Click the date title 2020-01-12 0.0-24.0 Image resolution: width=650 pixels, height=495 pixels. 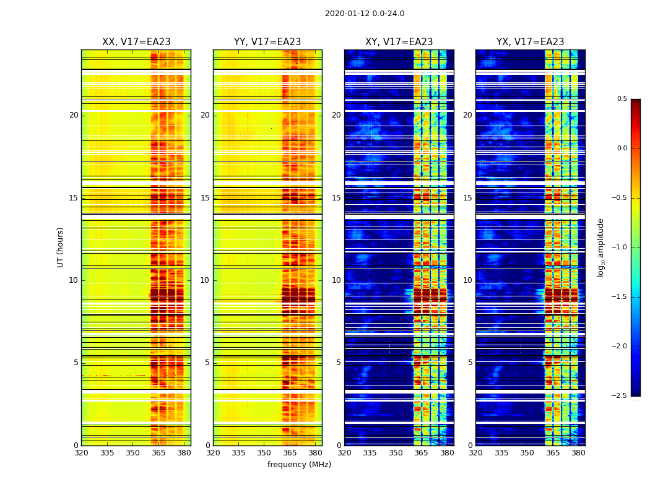(x=365, y=14)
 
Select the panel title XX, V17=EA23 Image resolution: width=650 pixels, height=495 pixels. (x=136, y=42)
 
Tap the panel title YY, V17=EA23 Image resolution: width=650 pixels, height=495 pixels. (x=267, y=42)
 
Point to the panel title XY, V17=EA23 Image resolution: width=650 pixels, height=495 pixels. (x=399, y=42)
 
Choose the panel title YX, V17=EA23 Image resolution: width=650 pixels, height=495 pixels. (x=530, y=42)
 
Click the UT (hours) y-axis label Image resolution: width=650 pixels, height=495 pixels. (x=61, y=247)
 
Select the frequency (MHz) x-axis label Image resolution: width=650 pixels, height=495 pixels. (x=299, y=465)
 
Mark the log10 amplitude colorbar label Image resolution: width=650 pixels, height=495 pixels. (x=601, y=247)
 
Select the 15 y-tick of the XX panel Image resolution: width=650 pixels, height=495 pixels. (x=74, y=198)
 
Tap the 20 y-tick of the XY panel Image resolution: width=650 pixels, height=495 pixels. (x=336, y=115)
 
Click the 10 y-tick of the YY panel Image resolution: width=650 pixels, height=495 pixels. (x=205, y=280)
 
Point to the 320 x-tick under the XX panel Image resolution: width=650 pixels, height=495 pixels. (x=81, y=453)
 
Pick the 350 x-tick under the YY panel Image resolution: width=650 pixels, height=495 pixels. (x=264, y=453)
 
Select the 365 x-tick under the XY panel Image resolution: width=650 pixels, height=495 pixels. (x=421, y=453)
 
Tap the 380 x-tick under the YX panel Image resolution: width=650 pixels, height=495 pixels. (x=578, y=453)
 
